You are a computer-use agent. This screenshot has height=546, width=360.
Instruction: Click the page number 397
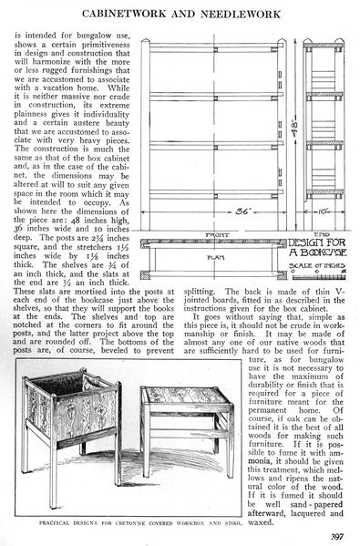337,536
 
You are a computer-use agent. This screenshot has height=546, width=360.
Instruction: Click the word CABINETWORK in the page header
124,14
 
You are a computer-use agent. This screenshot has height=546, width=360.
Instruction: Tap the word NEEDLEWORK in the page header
241,14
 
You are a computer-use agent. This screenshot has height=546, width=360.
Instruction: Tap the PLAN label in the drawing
216,258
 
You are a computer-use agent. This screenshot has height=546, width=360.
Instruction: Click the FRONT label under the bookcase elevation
217,235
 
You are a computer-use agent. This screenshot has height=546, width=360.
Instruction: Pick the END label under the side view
322,235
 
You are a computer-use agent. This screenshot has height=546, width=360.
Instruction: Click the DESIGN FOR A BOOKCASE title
317,247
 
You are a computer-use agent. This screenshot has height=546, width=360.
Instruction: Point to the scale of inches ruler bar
319,277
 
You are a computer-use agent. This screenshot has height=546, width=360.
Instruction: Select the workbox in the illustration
72,436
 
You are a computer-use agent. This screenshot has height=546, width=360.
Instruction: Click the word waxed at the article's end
260,522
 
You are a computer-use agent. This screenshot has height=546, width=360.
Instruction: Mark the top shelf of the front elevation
214,48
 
